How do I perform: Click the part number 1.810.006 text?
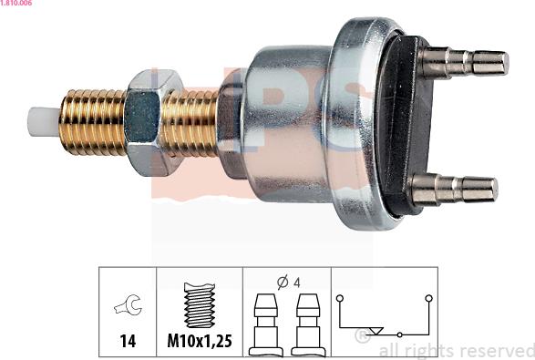click(16, 3)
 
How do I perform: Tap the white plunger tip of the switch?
click(44, 122)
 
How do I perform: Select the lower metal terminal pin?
click(455, 190)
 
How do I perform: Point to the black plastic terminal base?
click(403, 126)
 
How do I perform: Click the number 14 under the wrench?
click(128, 341)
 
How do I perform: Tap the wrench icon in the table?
click(129, 304)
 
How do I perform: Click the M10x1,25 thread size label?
click(200, 341)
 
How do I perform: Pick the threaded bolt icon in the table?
click(200, 304)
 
